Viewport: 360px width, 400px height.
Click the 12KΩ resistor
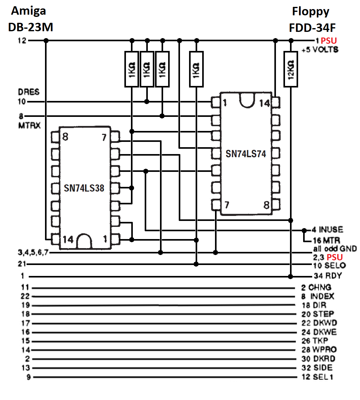tap(291, 69)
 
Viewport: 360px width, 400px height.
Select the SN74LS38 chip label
tap(84, 188)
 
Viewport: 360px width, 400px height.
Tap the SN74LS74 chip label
tap(246, 154)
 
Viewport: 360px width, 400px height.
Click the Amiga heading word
tap(28, 11)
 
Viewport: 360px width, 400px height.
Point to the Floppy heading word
tap(311, 12)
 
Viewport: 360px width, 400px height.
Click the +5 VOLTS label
tap(320, 49)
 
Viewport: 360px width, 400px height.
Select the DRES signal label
tap(29, 92)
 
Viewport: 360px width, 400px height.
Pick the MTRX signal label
tap(29, 126)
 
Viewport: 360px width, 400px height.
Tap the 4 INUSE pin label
tap(327, 229)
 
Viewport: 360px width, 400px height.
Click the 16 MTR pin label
tap(327, 241)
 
